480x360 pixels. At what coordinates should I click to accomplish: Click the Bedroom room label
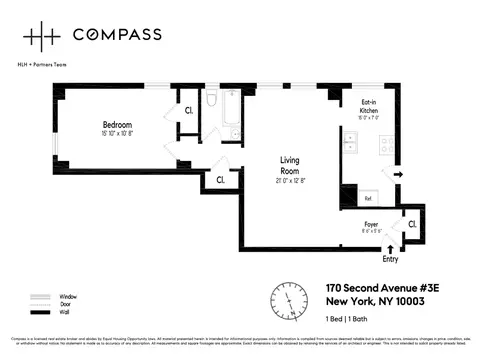(x=116, y=124)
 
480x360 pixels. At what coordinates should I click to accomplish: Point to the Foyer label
(x=370, y=226)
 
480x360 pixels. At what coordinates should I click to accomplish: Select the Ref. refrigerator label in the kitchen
(x=368, y=198)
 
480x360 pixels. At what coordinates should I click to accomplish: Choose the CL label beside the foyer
(x=411, y=225)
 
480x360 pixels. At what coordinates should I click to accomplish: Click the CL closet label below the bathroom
(x=219, y=180)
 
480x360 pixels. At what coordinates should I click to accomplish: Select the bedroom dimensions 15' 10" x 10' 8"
(x=117, y=133)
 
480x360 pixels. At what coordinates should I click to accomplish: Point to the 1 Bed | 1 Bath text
(x=349, y=318)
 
